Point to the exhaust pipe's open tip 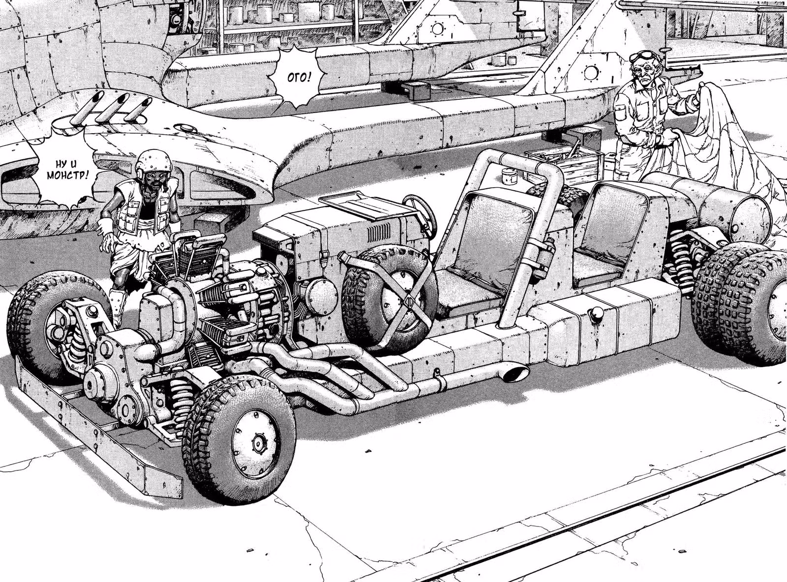tap(514, 374)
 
